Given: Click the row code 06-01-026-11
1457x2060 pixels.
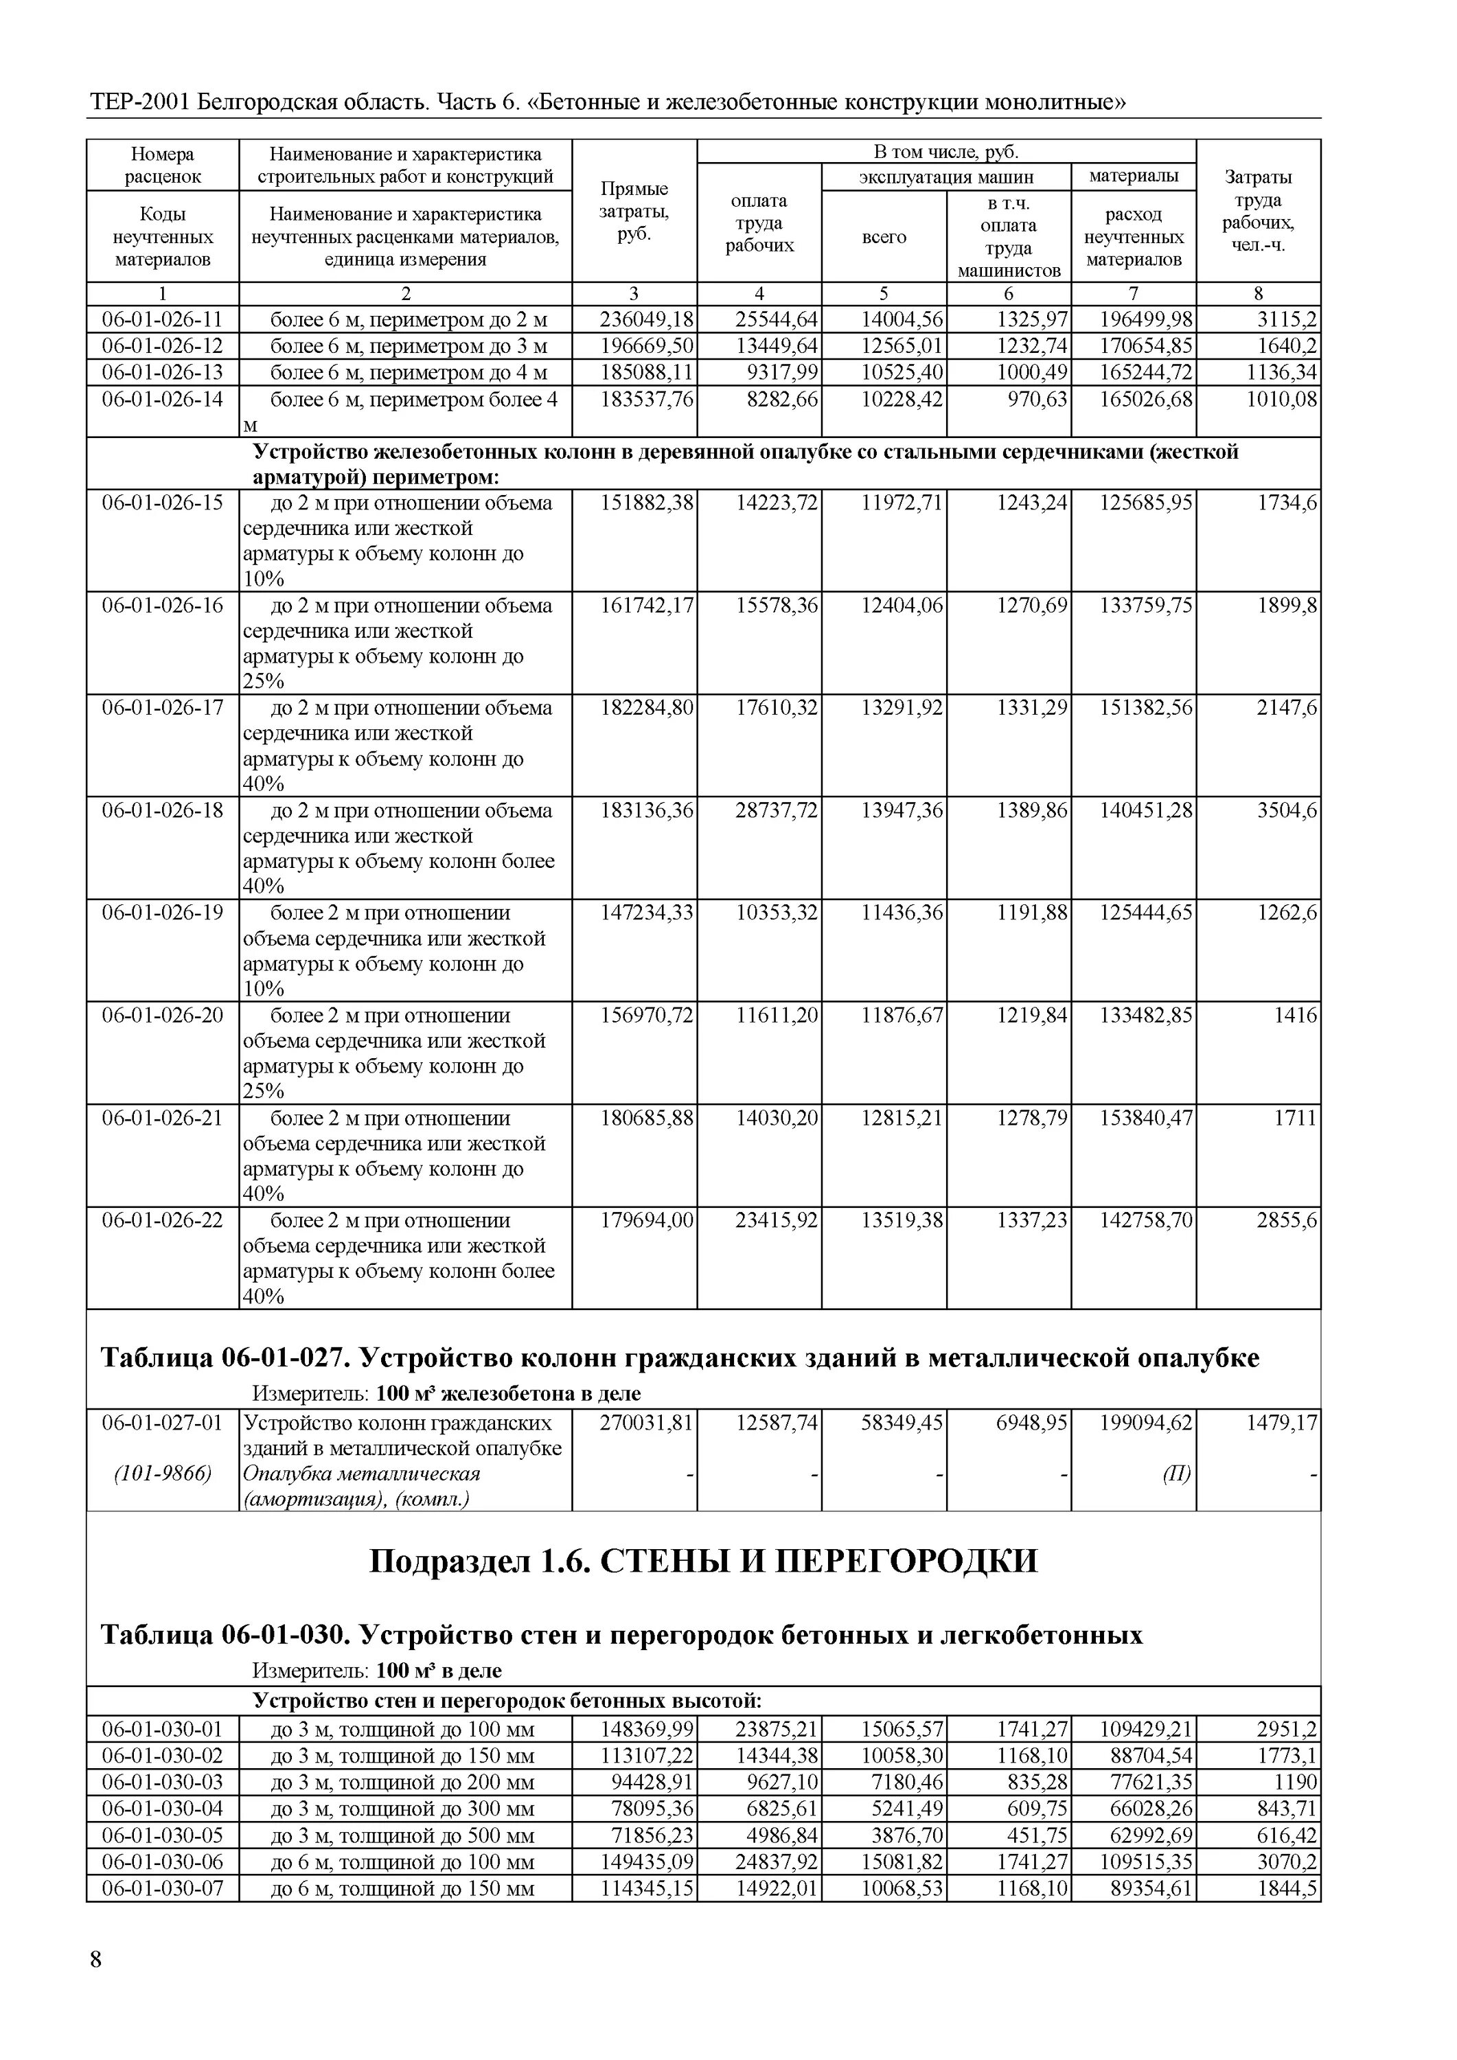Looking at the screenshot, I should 163,320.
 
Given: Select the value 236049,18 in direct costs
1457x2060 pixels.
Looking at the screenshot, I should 647,320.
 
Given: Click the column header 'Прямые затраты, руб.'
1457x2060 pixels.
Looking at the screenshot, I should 634,211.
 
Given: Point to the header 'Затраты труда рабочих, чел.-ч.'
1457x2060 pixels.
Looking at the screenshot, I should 1258,211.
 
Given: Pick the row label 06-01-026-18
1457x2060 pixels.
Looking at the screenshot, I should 163,811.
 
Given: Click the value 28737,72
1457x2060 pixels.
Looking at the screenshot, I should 777,811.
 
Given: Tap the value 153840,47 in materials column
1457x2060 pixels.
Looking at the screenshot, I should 1147,1119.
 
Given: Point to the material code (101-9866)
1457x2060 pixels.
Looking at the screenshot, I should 163,1474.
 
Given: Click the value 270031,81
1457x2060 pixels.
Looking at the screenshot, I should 647,1423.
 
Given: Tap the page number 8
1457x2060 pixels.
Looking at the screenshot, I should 96,1960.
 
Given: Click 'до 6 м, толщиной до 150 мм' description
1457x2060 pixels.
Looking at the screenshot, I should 403,1888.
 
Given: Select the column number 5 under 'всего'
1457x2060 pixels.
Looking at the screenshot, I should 884,293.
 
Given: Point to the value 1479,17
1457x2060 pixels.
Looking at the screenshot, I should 1281,1423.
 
